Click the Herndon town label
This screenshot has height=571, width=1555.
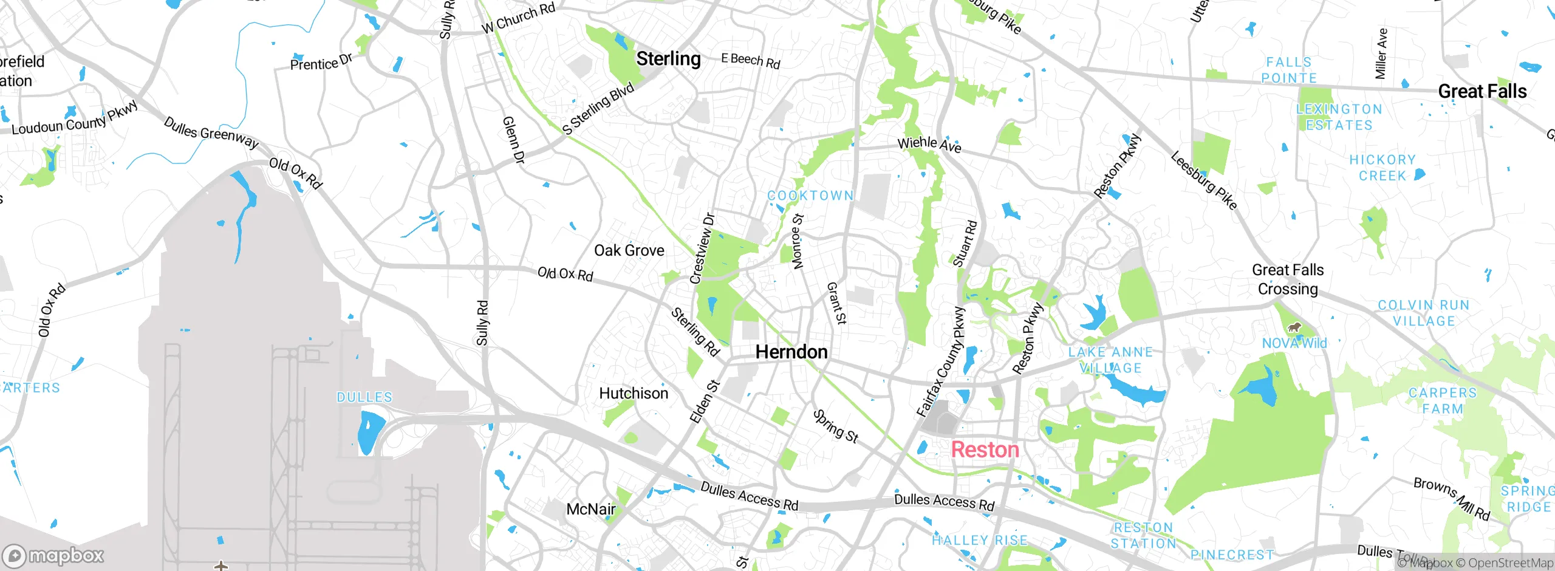click(x=791, y=352)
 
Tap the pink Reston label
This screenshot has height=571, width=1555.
click(x=985, y=450)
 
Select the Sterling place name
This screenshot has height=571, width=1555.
click(x=668, y=59)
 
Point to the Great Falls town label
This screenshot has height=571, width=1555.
click(x=1482, y=92)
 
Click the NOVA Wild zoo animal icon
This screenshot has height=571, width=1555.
click(x=1294, y=328)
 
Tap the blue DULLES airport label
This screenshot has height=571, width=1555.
click(x=364, y=397)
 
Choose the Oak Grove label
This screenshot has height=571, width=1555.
click(x=629, y=250)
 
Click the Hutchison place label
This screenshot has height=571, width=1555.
click(x=634, y=394)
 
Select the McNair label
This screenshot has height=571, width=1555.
click(x=590, y=509)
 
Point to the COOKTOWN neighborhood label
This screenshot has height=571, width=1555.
click(x=810, y=196)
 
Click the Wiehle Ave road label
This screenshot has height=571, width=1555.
click(x=929, y=145)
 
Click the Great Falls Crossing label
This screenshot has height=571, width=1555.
click(x=1288, y=279)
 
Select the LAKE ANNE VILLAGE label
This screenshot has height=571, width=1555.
click(x=1110, y=360)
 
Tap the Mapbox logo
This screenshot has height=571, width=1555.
click(x=53, y=556)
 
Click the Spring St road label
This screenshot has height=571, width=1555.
click(x=835, y=426)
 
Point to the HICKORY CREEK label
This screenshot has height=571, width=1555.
click(x=1382, y=168)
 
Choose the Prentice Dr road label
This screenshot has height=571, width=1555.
click(x=321, y=63)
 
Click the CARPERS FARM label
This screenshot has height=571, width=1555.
click(x=1443, y=401)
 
